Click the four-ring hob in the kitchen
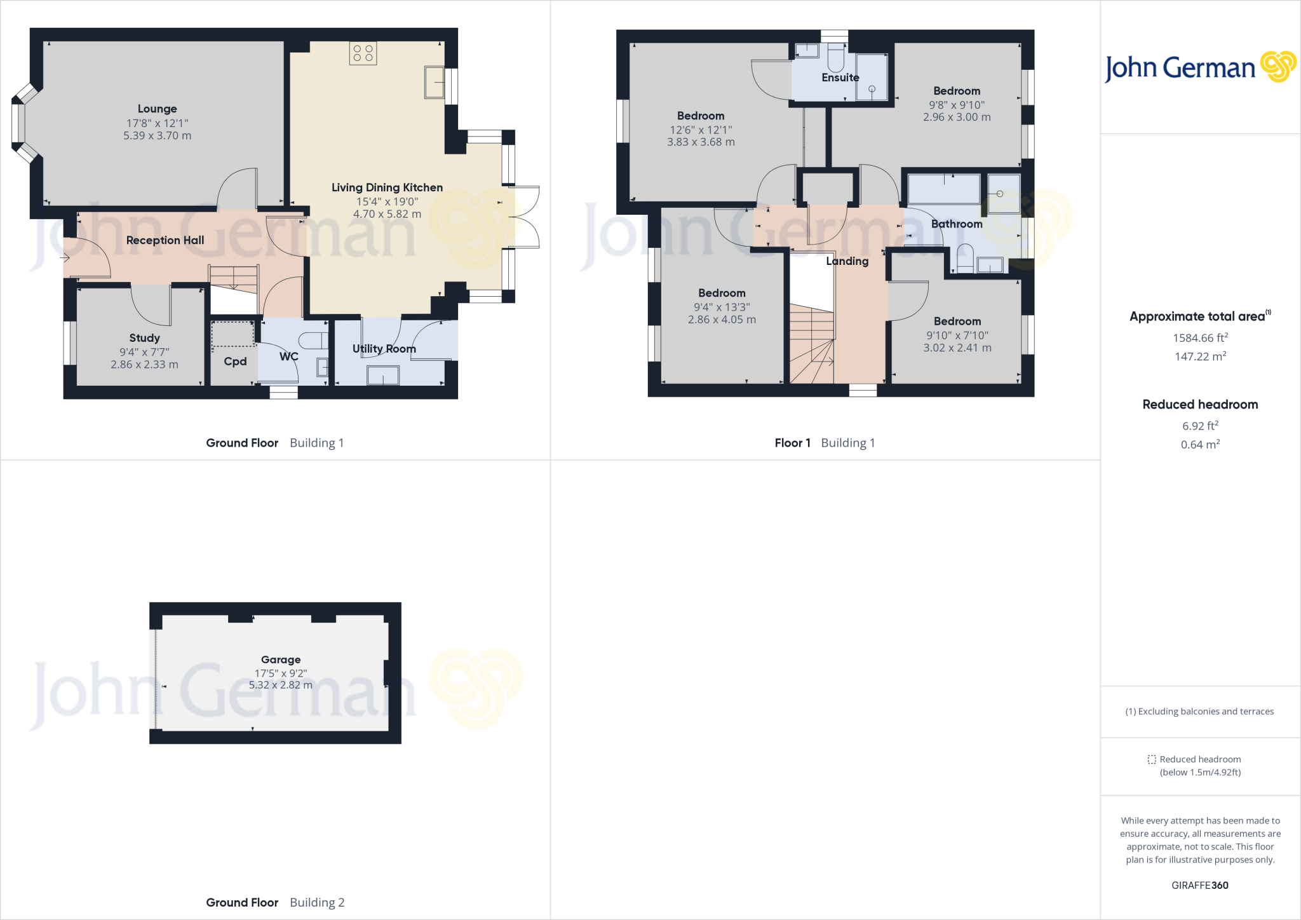point(363,53)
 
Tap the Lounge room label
point(157,109)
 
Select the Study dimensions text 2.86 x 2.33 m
point(144,365)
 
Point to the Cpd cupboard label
point(235,362)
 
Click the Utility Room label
point(384,349)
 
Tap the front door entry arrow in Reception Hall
point(65,258)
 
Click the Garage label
point(280,660)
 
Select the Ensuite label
point(840,78)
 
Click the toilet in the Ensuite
point(836,61)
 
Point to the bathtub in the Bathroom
point(943,189)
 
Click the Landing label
point(847,261)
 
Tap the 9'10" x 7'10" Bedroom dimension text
point(957,335)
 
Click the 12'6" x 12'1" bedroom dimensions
point(701,130)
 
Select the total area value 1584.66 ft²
point(1200,338)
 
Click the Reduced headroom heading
point(1200,405)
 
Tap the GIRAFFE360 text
point(1199,885)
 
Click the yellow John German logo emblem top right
point(1277,67)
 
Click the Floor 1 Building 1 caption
point(824,443)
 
